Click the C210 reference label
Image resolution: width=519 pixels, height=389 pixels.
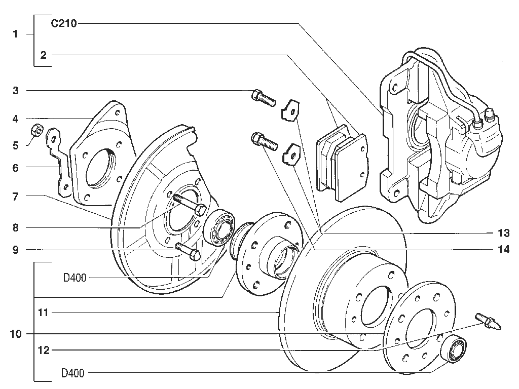pyautogui.click(x=64, y=23)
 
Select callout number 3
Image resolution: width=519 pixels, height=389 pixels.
pyautogui.click(x=16, y=91)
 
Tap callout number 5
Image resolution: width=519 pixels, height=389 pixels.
pyautogui.click(x=16, y=145)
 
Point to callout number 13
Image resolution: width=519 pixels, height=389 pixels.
pyautogui.click(x=504, y=233)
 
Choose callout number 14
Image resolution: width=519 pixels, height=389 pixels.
pyautogui.click(x=504, y=249)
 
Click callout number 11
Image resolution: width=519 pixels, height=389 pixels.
pyautogui.click(x=44, y=312)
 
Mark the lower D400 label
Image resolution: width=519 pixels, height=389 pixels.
pyautogui.click(x=73, y=373)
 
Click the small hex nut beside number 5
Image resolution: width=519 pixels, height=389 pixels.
pyautogui.click(x=36, y=130)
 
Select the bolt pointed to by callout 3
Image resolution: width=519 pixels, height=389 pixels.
pyautogui.click(x=264, y=98)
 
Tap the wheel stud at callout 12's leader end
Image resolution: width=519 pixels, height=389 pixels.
pyautogui.click(x=489, y=321)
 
